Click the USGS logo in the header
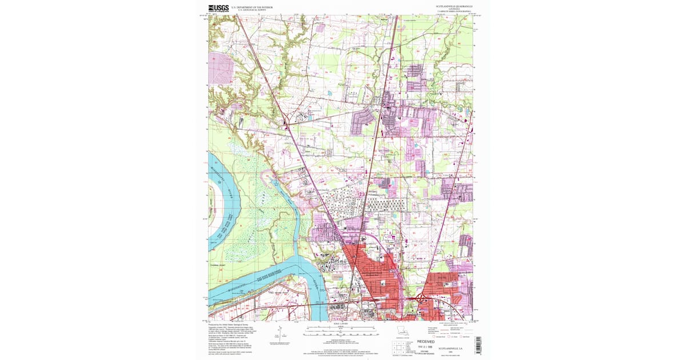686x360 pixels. tap(219, 8)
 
